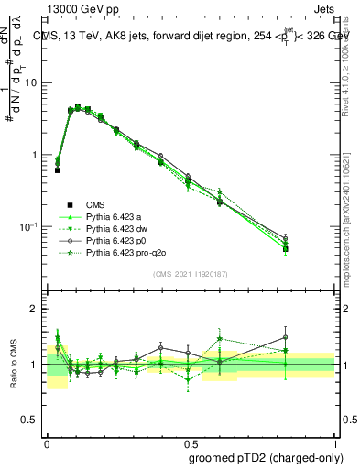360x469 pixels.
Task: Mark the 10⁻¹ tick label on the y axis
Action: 30,226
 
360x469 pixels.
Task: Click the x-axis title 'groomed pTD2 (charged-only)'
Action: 260,457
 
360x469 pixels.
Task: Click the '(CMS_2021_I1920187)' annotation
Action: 191,274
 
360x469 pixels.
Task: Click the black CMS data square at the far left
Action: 58,170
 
